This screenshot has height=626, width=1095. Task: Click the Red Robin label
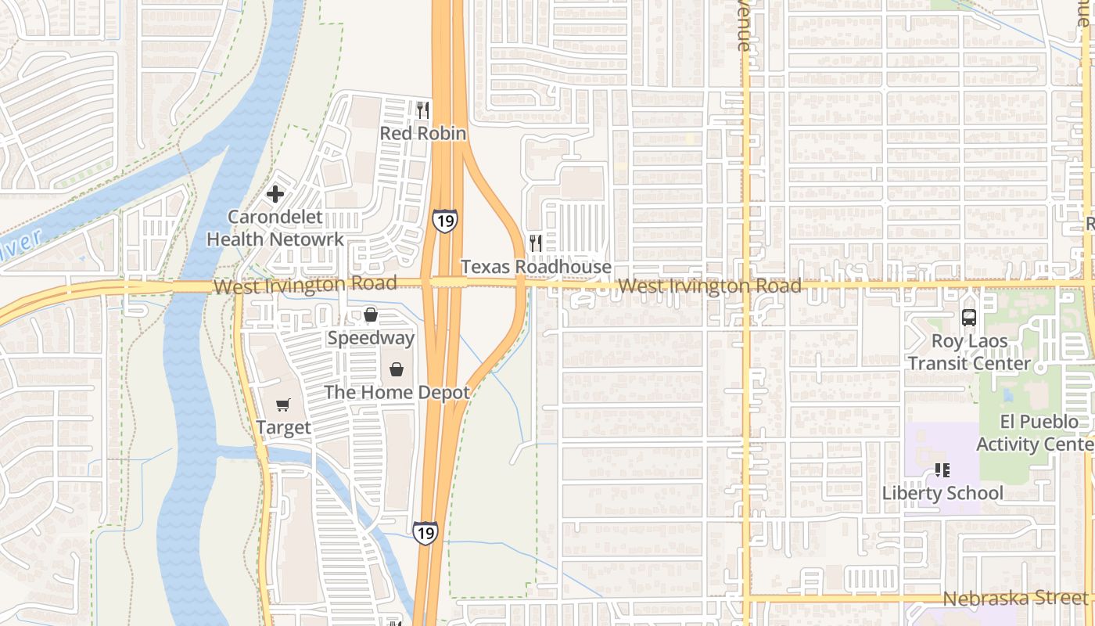point(423,134)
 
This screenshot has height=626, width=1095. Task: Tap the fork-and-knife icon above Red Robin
point(423,110)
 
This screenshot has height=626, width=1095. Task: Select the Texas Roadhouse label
point(536,267)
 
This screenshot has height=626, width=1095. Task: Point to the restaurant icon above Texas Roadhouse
point(536,243)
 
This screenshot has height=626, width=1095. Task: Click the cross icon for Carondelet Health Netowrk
point(275,194)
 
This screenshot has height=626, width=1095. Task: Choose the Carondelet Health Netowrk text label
point(275,228)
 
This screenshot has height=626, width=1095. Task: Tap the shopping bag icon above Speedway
point(371,315)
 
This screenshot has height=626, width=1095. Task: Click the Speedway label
point(371,338)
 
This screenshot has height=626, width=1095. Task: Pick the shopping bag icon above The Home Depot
point(397,369)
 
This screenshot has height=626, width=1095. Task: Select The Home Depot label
point(397,393)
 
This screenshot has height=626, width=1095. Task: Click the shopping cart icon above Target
point(283,405)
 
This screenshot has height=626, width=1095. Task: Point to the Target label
point(283,428)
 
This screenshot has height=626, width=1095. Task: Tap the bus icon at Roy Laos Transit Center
point(969,318)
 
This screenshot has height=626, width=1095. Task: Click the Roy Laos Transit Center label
point(969,352)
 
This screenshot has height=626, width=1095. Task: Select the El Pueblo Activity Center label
point(1034,433)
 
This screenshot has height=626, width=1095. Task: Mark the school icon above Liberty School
point(942,470)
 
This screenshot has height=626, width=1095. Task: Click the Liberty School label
point(942,493)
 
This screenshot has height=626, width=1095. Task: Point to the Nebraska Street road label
point(1014,599)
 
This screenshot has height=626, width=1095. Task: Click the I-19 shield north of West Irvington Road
point(444,221)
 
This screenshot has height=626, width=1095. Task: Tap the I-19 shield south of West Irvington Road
point(425,533)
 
